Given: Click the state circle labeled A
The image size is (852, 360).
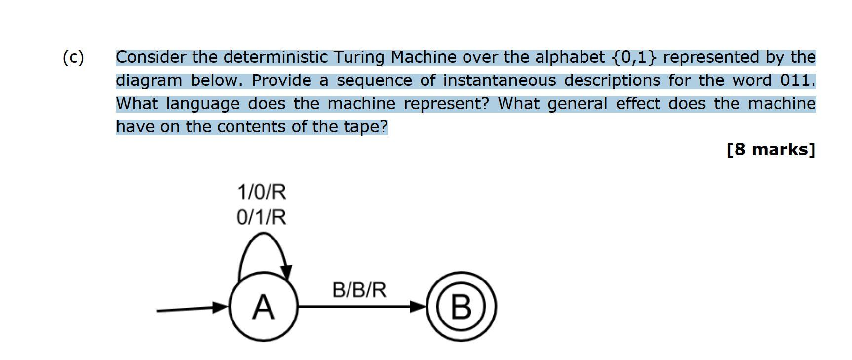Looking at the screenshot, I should (x=264, y=307).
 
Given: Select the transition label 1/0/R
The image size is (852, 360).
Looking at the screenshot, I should (x=262, y=192).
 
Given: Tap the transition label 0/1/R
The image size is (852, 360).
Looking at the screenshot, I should (x=262, y=217).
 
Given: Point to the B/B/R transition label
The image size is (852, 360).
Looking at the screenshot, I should (x=359, y=290).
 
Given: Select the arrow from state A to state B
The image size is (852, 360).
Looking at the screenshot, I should (x=360, y=307).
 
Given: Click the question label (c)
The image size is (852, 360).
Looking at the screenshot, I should (x=73, y=57).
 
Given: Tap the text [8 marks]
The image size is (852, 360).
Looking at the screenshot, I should (x=771, y=149).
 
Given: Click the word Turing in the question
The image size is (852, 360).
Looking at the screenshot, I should (x=359, y=57).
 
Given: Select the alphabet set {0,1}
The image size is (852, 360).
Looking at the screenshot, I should (x=634, y=57).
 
